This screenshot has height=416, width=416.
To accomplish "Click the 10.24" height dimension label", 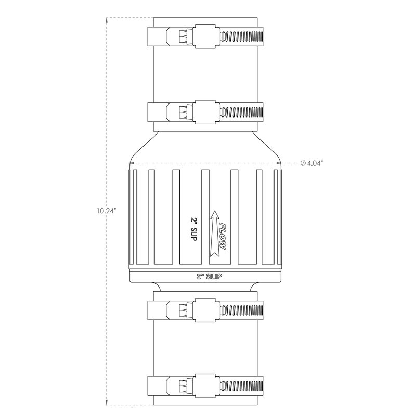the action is [x=107, y=211].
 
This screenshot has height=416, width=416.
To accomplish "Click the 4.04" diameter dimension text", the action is [x=316, y=163].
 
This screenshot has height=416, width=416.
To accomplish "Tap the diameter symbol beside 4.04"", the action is [x=303, y=163].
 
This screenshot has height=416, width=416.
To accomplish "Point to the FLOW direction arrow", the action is [x=215, y=233].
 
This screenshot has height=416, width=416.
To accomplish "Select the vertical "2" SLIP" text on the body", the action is [x=193, y=229].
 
